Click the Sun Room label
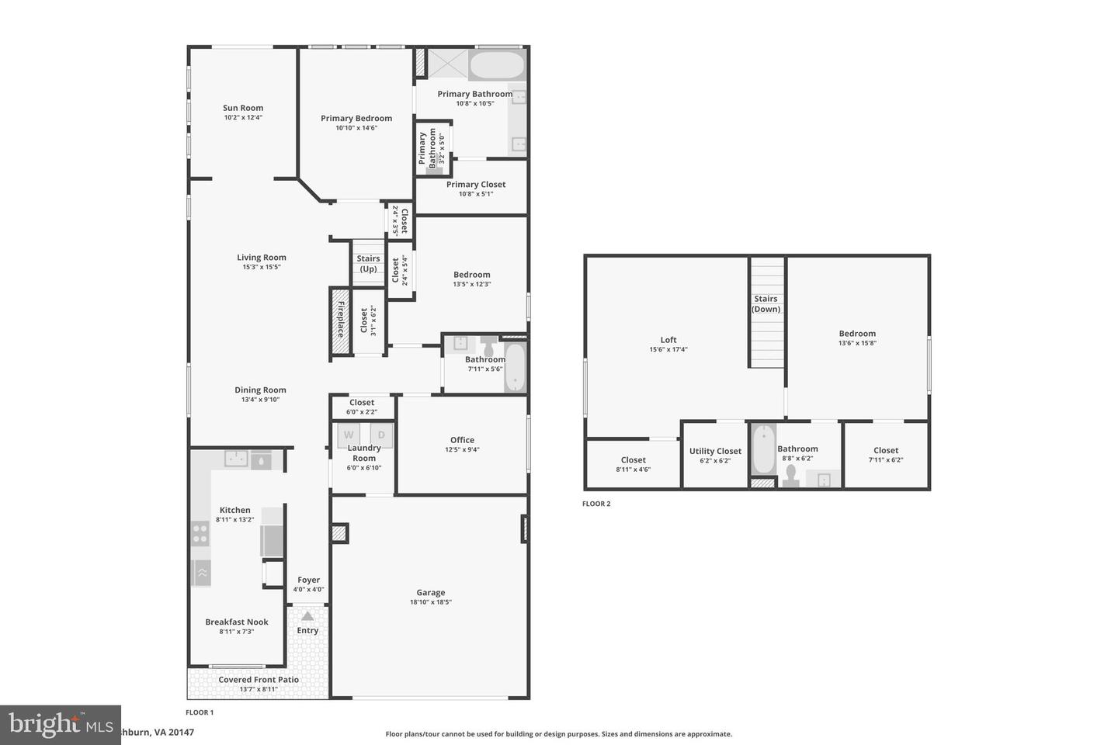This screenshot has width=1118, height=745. pyautogui.click(x=243, y=109)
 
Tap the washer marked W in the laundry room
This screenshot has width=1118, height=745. pyautogui.click(x=349, y=435)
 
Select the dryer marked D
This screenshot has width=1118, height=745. pyautogui.click(x=381, y=435)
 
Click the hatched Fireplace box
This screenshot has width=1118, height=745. pyautogui.click(x=340, y=322)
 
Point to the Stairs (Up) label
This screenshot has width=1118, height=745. pyautogui.click(x=368, y=264)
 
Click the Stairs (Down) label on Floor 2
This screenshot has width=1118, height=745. pyautogui.click(x=766, y=303)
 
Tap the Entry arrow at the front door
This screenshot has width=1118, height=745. pyautogui.click(x=307, y=616)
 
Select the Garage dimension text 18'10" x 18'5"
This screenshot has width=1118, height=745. pyautogui.click(x=430, y=602)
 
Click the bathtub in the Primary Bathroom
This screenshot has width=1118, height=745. pyautogui.click(x=497, y=65)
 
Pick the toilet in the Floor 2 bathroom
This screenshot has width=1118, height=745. pyautogui.click(x=791, y=473)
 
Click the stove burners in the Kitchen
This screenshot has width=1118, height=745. pyautogui.click(x=200, y=532)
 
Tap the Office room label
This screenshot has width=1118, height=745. pyautogui.click(x=462, y=440)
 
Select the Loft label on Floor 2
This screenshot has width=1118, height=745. pyautogui.click(x=668, y=340)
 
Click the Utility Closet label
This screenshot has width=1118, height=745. pyautogui.click(x=715, y=451)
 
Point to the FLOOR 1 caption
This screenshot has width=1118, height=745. pyautogui.click(x=200, y=712)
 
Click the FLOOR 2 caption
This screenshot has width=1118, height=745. pyautogui.click(x=596, y=504)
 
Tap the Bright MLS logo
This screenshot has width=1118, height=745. pyautogui.click(x=61, y=725)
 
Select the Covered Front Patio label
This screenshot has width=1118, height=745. pyautogui.click(x=259, y=680)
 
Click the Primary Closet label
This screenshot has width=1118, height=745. pyautogui.click(x=475, y=185)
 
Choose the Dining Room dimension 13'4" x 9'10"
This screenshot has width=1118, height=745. pyautogui.click(x=260, y=400)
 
